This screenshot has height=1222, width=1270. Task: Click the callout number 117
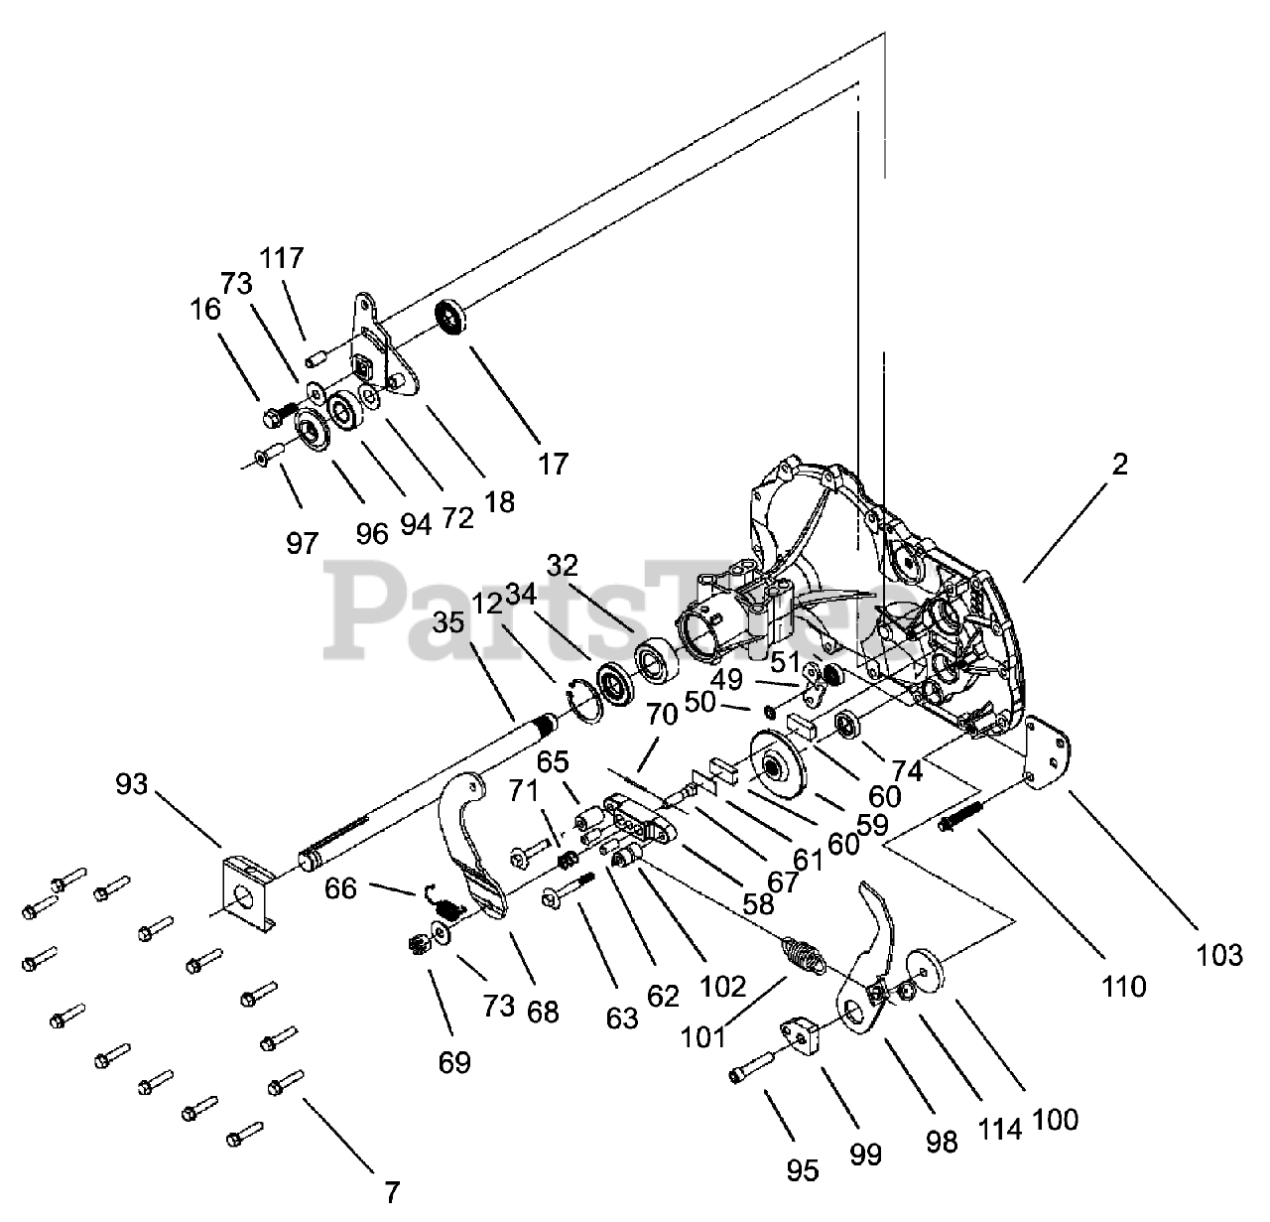pos(282,258)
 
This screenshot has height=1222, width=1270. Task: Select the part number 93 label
pos(132,784)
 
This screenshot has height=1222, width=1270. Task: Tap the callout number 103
pos(1219,956)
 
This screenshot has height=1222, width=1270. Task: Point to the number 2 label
pos(1119,465)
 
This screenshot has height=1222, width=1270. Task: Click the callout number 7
pos(392,1192)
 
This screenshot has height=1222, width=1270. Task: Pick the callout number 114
pos(999,1130)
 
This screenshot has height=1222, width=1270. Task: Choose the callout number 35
pos(448,622)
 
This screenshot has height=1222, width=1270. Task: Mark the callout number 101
pos(702,1037)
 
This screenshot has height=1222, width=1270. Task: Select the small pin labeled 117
pos(317,358)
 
